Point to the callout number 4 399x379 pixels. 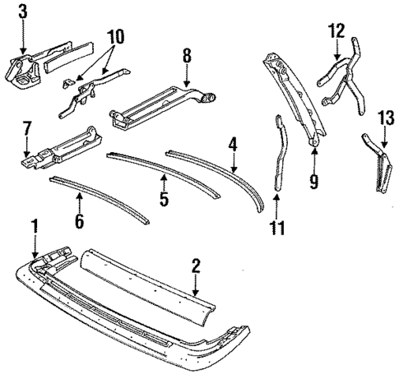(x=233, y=146)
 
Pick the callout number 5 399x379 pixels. (x=164, y=200)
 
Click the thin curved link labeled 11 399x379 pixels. (x=279, y=156)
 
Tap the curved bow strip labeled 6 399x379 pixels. (x=99, y=197)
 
